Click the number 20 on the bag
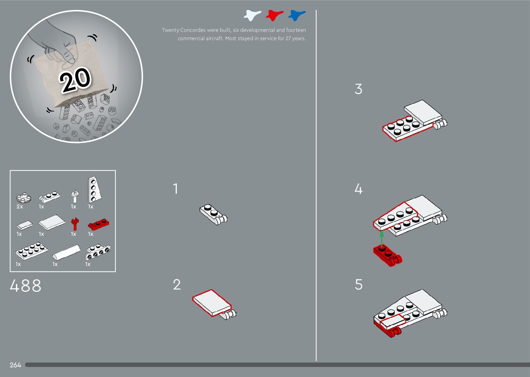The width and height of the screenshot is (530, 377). [75, 80]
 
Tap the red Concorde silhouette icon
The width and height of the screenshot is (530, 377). [275, 15]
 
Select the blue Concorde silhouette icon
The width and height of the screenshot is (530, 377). [297, 15]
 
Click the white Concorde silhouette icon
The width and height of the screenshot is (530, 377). [252, 15]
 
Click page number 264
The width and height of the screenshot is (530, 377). [15, 365]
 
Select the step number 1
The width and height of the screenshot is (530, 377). [175, 189]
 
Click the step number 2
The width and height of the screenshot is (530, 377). [177, 284]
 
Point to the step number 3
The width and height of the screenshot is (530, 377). [358, 89]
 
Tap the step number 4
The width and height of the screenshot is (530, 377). [358, 189]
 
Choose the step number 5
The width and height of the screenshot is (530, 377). [358, 284]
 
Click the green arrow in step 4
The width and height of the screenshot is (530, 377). [381, 238]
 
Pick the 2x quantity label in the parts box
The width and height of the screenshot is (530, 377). [20, 207]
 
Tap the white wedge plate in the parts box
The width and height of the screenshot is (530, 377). [95, 189]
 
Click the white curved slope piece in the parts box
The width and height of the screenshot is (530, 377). [66, 252]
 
